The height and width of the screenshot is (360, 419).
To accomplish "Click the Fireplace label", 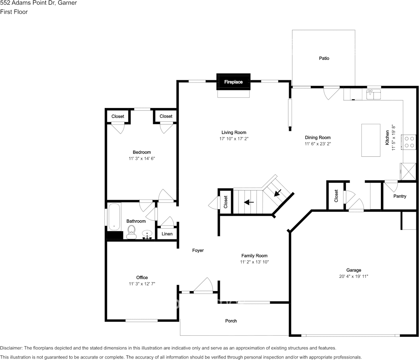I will pos(233,82).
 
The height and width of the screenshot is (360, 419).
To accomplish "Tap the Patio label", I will pos(324,58).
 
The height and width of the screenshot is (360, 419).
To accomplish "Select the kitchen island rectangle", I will pos(371,140).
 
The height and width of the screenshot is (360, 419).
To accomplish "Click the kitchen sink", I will pos(373,94).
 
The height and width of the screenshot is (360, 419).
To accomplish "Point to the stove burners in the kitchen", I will pos(409,142).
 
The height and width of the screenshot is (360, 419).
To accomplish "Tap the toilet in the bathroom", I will pos(131,232).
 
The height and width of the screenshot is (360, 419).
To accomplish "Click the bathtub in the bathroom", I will pos(114,217).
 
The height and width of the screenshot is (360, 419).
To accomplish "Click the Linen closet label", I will pos(167,234).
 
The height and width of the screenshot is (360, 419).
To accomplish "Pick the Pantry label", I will pos(400,196).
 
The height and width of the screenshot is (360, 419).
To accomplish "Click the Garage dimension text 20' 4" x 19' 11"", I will pos(354,276).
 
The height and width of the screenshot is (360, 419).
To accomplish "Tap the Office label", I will pos(142,277).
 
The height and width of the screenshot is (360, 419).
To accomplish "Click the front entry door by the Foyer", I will pos(203,287).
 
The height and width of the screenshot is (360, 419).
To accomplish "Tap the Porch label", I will pos(231,321).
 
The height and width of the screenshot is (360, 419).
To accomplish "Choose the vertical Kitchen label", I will pos(387,137).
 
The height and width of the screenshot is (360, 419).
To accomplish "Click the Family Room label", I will pos(254,256).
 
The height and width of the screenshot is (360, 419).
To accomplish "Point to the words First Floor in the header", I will pos(14,12).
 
